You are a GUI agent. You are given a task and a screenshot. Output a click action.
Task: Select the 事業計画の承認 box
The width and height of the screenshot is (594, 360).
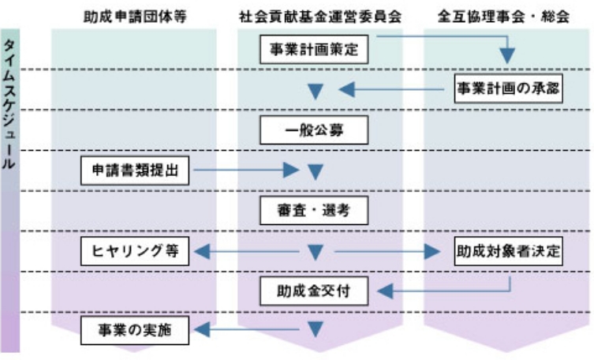pos(508,88)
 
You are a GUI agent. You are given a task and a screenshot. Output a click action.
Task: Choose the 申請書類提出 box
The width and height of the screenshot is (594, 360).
pos(135,170)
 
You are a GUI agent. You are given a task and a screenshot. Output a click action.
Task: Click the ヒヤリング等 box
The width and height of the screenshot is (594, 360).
pos(135,252)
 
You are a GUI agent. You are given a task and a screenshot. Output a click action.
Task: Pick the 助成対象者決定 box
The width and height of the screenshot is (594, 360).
pos(508,252)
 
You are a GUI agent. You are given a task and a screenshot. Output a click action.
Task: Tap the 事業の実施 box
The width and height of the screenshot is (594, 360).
pos(135,332)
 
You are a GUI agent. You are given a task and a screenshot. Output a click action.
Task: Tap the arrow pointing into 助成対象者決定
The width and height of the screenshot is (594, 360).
pos(387,252)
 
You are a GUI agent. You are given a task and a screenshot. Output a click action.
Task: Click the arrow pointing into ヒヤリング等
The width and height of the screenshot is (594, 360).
pos(245,252)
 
